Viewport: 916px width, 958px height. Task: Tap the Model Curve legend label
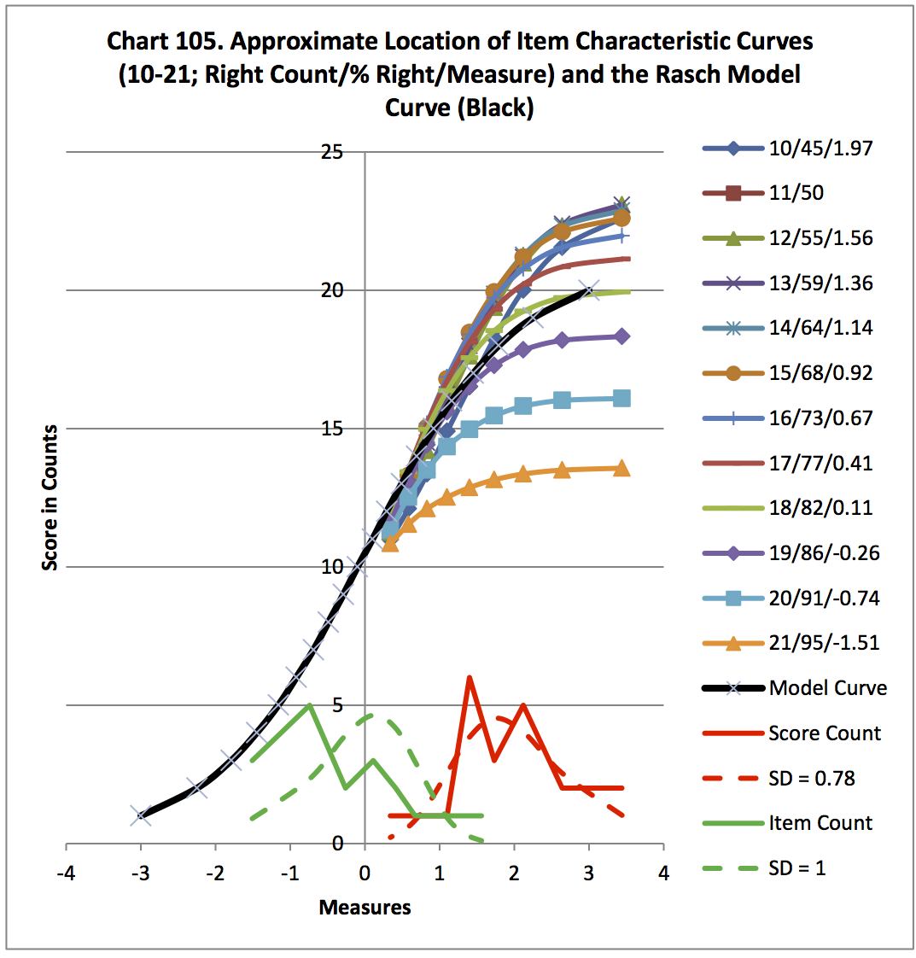827,687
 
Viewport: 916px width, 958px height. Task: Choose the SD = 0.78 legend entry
811,778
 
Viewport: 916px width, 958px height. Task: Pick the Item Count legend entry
820,822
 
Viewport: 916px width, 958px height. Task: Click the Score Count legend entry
824,733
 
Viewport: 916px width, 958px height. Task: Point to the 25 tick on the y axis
331,152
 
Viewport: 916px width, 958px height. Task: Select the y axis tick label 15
331,429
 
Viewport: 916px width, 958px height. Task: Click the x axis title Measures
365,907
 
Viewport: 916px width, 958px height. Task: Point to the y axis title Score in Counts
50,497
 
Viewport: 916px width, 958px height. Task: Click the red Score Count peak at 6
470,678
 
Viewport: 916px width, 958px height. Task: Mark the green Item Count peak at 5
309,705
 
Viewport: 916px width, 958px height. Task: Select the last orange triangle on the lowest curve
621,468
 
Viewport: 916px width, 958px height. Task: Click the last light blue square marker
621,398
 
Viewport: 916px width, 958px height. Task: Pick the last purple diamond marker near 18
621,336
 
